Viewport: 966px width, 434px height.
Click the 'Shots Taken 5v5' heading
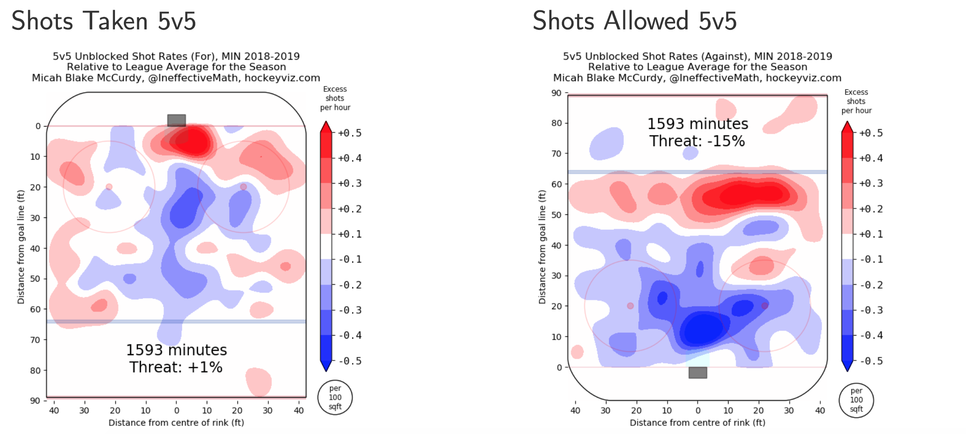pos(103,21)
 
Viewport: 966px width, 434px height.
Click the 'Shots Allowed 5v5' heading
pos(634,21)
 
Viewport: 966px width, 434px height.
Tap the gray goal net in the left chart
pos(176,120)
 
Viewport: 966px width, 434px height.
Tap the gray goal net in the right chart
pos(697,373)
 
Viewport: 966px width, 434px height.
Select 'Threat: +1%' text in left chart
pos(176,367)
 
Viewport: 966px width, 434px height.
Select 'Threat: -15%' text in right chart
pos(697,141)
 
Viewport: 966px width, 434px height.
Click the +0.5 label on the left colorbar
pos(350,133)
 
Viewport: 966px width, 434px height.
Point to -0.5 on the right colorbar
pos(871,361)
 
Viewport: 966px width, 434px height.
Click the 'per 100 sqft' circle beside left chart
pos(335,397)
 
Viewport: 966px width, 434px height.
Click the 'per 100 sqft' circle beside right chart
pos(856,400)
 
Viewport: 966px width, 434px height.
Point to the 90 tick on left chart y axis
pos(35,401)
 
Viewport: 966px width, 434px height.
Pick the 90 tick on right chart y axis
pos(556,93)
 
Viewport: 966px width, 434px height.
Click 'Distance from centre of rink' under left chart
pos(176,422)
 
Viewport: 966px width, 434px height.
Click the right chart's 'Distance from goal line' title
pos(542,247)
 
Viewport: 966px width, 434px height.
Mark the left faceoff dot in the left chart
pos(109,187)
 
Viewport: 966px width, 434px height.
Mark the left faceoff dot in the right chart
pos(630,306)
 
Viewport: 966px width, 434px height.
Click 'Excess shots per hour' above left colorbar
pos(335,98)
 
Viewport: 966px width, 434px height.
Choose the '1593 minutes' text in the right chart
pos(697,124)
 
